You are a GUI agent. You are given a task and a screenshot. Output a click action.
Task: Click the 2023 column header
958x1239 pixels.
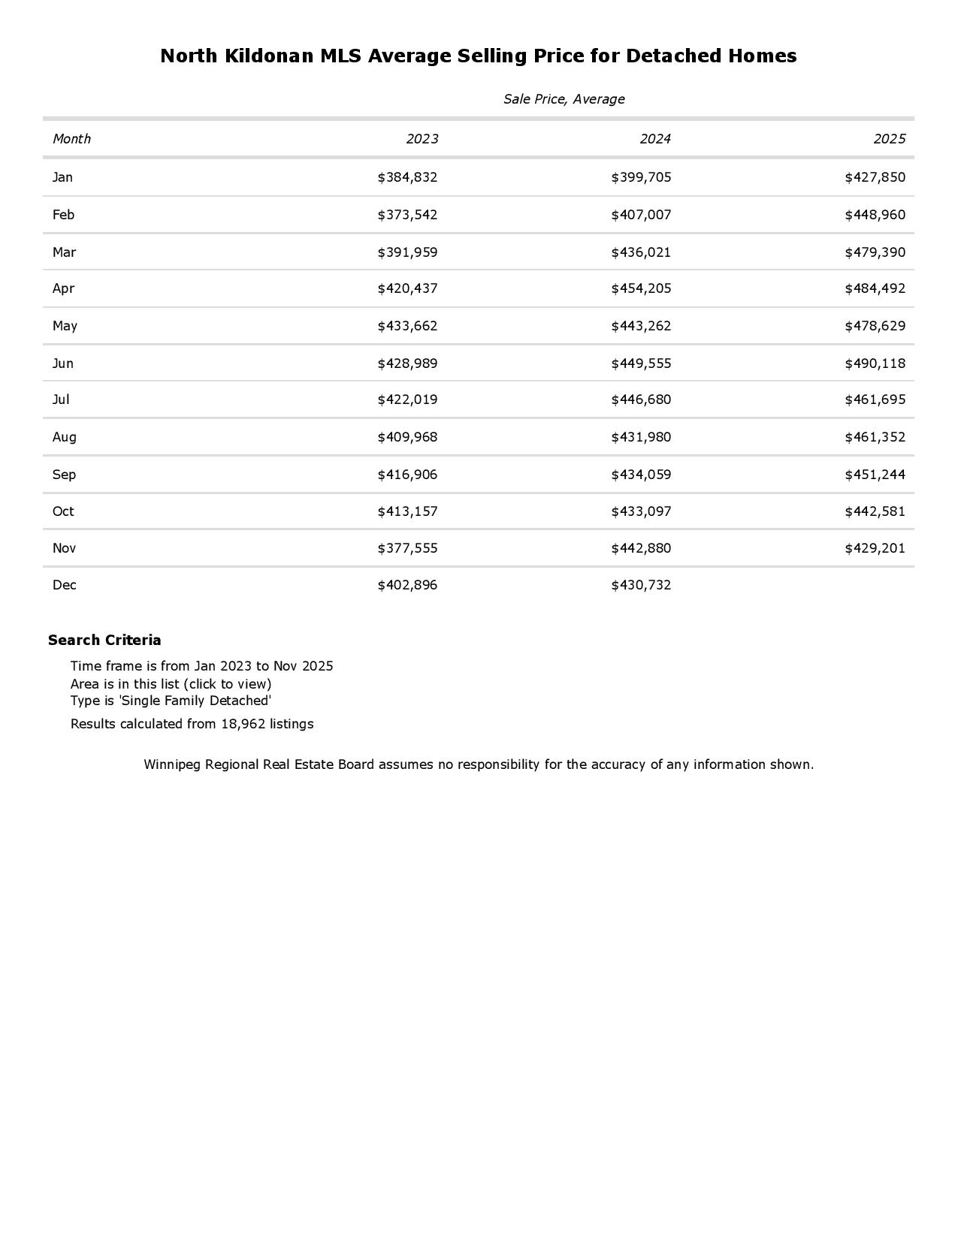click(x=422, y=139)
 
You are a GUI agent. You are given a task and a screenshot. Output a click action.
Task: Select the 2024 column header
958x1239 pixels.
click(x=655, y=139)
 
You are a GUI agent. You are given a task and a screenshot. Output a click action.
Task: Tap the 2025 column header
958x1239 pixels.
click(x=890, y=139)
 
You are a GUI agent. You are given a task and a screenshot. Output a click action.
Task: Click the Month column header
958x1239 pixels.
click(x=71, y=139)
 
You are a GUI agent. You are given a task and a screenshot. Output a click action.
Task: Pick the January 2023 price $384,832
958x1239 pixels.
click(x=407, y=177)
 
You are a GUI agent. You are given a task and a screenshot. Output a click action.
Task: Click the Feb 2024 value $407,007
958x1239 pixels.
click(x=641, y=215)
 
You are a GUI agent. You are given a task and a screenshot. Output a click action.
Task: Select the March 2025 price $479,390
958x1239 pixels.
click(x=875, y=252)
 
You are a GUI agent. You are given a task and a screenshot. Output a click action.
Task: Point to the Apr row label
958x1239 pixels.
click(x=63, y=288)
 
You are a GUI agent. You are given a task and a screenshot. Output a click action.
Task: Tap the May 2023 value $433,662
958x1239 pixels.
click(x=407, y=326)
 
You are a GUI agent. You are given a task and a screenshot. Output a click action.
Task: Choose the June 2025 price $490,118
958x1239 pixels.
click(x=875, y=363)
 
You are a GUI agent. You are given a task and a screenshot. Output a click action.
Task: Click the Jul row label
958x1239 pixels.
click(x=61, y=399)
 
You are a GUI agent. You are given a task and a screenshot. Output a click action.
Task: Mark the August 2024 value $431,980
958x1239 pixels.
click(x=641, y=437)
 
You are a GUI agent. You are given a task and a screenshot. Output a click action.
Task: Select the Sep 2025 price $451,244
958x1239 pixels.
click(x=875, y=475)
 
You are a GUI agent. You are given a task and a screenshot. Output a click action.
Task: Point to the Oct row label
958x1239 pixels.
click(x=63, y=511)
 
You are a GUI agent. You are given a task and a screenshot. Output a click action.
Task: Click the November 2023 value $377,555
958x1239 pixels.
click(x=407, y=548)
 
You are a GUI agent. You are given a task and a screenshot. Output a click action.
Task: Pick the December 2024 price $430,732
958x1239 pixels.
click(x=641, y=585)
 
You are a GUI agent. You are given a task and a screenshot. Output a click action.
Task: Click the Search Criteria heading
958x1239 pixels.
click(x=104, y=641)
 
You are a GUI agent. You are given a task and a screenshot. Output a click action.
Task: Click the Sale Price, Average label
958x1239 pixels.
click(x=564, y=99)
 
